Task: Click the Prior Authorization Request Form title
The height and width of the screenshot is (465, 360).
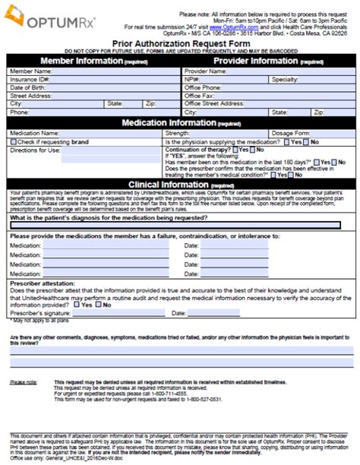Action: [x=179, y=45]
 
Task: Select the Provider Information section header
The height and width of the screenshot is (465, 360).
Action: [x=266, y=61]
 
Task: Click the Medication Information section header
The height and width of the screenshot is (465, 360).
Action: [x=179, y=122]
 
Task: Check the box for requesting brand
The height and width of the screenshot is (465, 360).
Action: [x=13, y=141]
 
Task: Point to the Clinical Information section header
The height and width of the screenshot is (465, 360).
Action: [x=179, y=184]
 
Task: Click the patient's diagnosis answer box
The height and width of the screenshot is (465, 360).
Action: [x=179, y=225]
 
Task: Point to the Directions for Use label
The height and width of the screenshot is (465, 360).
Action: [x=34, y=150]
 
